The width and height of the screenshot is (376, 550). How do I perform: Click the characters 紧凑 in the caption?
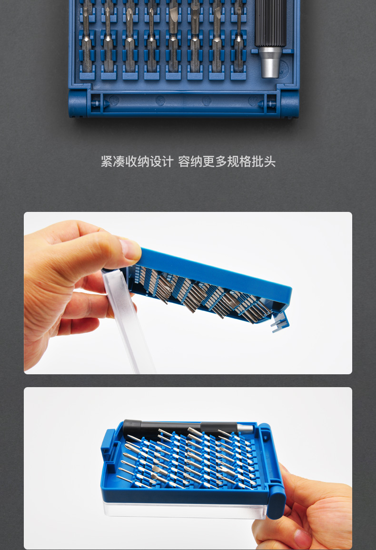(x=113, y=161)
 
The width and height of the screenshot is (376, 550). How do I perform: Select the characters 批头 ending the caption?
(x=263, y=161)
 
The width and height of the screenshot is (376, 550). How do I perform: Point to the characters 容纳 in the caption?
(x=190, y=161)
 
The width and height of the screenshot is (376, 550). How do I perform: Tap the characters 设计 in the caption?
(x=161, y=161)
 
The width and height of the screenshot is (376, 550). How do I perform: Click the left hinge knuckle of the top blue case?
(x=78, y=103)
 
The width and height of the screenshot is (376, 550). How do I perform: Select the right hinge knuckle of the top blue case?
(x=290, y=103)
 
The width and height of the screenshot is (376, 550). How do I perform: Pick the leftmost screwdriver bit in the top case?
(x=87, y=39)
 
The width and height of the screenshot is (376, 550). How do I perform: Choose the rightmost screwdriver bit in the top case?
(x=238, y=39)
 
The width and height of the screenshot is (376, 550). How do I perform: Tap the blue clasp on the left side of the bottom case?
(x=108, y=444)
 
